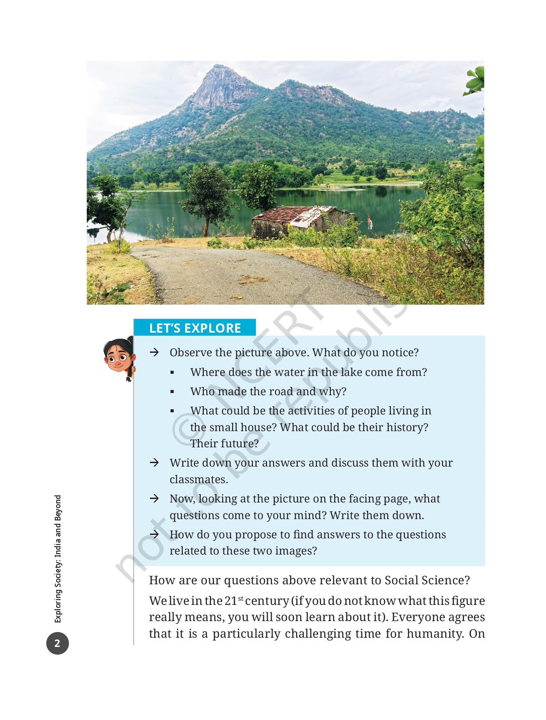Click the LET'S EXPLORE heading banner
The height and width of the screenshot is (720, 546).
coord(195,328)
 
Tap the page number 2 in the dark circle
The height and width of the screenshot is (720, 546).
coord(57,643)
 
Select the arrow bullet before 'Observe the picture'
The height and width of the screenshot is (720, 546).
coord(154,352)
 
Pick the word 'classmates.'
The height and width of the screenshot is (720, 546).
coord(199,479)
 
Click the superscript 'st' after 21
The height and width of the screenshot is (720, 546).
coord(241,598)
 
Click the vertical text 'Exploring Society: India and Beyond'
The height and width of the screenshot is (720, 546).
coord(58,558)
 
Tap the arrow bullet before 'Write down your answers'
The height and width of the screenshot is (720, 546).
coord(154,463)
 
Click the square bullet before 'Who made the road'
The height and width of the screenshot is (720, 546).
coord(172,392)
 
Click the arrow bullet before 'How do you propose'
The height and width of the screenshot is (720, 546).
coord(154,534)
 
